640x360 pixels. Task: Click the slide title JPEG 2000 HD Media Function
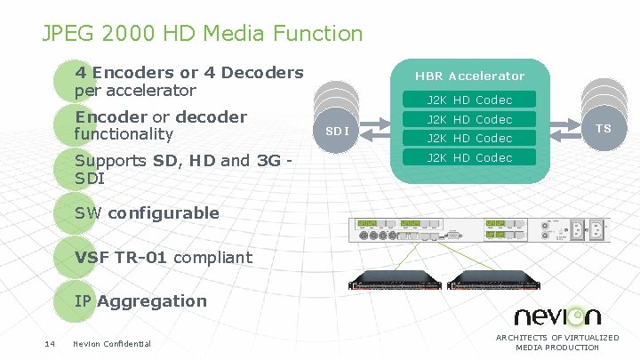point(203,34)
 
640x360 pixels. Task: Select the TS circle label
point(604,128)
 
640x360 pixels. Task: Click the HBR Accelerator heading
point(469,76)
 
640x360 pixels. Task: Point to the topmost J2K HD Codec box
point(469,100)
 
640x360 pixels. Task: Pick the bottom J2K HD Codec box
point(469,157)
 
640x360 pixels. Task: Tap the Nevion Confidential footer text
point(112,344)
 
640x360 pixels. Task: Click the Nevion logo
point(557,316)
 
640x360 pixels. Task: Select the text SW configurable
point(147,212)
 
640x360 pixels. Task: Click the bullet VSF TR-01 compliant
point(164,258)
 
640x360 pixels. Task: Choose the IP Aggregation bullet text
point(140,300)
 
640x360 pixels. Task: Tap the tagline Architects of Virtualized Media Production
point(557,342)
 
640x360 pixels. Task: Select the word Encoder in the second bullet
point(110,117)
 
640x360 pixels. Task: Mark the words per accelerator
point(135,91)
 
